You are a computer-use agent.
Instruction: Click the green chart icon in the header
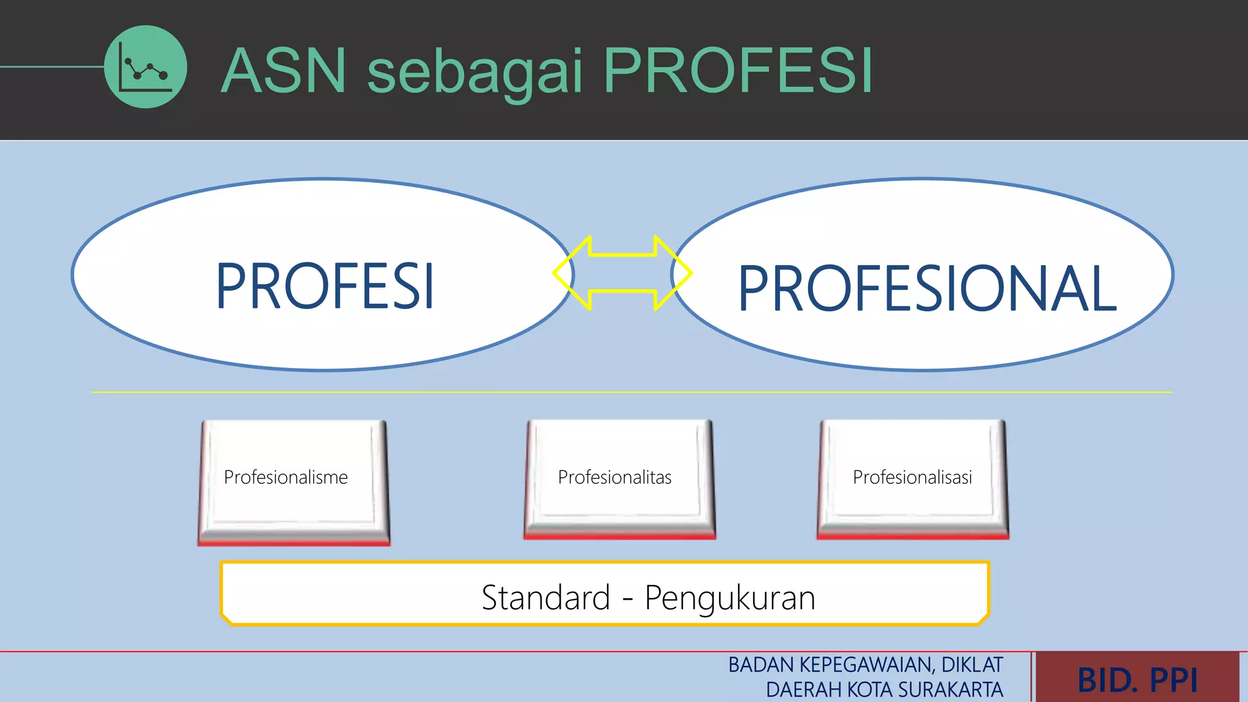(145, 67)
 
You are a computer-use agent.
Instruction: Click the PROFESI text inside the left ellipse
(325, 286)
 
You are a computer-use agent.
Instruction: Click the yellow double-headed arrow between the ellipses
(622, 273)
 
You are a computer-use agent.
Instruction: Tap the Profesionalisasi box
(912, 477)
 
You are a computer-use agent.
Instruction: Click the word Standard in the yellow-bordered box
(545, 597)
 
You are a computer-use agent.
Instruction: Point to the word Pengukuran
(730, 598)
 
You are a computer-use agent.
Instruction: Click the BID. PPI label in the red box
(1137, 680)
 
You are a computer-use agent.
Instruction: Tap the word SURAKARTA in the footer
(950, 690)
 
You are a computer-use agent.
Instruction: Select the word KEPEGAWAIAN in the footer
(865, 665)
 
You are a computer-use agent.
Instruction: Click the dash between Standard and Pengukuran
(627, 599)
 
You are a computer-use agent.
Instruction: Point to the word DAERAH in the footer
(804, 690)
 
